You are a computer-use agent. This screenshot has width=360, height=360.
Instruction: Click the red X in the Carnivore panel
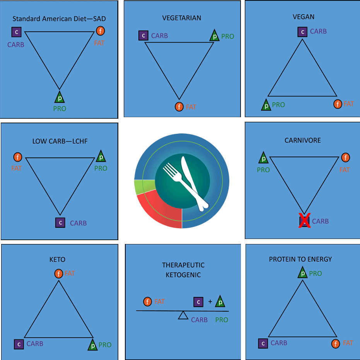304,220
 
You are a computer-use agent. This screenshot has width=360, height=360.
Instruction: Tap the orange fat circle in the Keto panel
58,274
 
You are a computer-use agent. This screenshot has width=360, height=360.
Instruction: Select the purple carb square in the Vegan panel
302,32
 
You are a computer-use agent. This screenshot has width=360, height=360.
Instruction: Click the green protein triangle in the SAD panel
60,97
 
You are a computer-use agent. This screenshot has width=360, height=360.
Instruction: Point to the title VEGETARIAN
182,18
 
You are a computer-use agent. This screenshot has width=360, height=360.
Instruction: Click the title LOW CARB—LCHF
60,141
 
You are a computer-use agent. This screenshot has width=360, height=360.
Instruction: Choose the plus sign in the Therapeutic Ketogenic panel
210,302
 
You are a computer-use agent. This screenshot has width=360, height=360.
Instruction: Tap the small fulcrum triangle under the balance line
183,315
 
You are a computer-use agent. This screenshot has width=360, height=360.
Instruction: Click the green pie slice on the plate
145,186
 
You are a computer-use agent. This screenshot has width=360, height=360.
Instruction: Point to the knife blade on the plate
188,172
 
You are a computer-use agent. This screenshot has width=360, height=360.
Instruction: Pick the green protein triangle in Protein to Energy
302,273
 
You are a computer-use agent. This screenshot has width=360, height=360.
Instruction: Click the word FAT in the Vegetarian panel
191,107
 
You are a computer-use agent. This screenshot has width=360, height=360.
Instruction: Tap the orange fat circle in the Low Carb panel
18,157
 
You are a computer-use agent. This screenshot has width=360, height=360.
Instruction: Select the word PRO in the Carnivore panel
263,170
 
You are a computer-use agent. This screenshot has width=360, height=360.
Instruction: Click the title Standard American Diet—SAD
59,19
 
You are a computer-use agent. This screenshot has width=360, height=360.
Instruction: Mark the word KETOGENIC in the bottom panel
183,275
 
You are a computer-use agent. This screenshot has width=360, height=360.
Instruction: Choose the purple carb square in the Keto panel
19,344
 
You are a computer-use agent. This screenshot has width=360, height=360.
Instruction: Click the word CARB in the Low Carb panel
78,223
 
